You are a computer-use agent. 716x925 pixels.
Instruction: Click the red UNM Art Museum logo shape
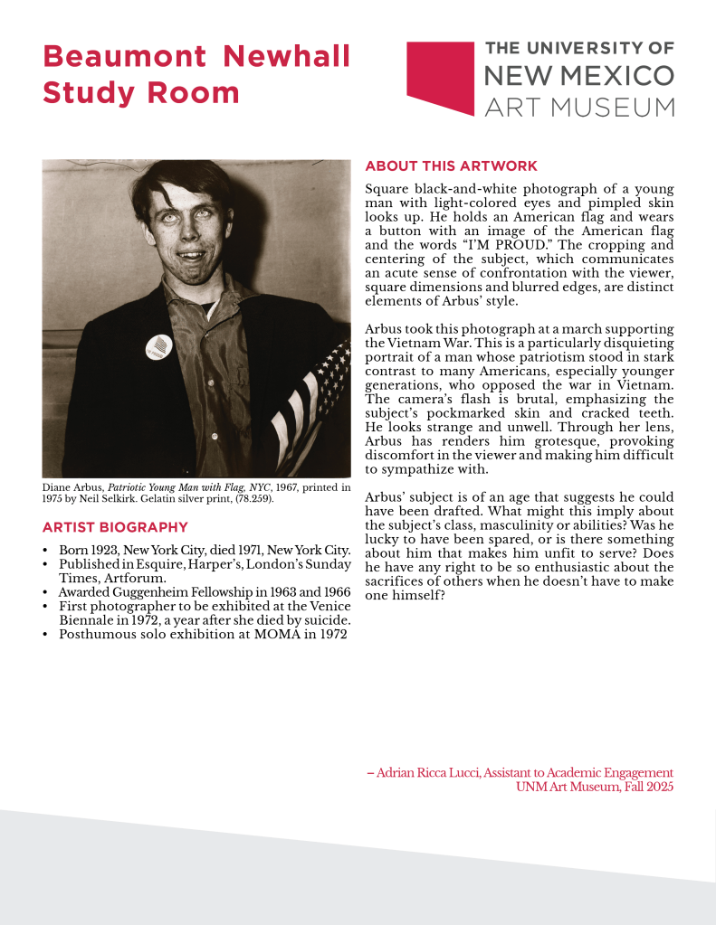click(440, 76)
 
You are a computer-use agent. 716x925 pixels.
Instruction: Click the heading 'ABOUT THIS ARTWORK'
click(451, 166)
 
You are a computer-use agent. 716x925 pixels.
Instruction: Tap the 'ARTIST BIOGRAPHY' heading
click(115, 527)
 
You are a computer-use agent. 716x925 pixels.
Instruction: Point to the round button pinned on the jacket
click(159, 345)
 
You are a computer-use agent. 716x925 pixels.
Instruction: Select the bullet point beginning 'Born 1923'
click(205, 550)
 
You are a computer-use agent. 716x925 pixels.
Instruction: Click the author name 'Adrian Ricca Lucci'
click(428, 772)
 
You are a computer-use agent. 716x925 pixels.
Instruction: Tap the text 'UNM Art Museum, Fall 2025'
click(594, 787)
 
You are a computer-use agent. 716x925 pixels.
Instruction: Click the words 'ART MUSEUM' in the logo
click(579, 107)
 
